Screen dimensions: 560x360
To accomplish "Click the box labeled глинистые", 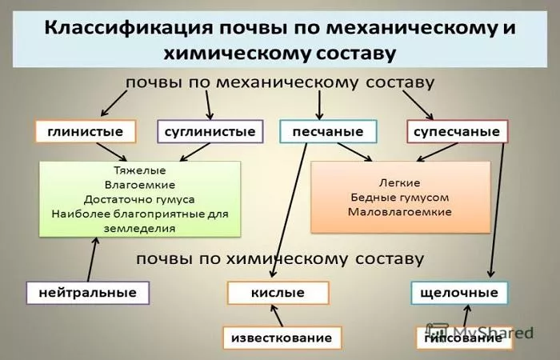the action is coord(86,131).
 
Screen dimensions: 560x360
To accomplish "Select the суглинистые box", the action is coord(210,131).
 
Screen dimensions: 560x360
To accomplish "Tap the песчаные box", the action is coord(328,131).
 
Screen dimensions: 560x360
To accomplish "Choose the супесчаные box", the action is coord(457,131).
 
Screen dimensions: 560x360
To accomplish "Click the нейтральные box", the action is coord(88,293).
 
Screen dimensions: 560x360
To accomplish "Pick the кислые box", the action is coord(278,293).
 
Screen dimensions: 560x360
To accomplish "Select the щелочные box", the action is coord(459,293).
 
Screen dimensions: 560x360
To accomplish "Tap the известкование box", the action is coord(282,338).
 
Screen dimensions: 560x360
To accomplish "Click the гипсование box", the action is coord(463,338).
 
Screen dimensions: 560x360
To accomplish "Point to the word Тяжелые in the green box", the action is coord(140,170).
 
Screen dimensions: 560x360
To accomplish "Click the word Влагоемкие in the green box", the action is coord(140,185).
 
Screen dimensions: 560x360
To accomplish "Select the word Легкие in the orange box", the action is coord(400,183).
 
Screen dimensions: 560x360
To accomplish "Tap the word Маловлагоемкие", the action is coord(400,212).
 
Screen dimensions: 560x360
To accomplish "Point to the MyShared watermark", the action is coord(480,332).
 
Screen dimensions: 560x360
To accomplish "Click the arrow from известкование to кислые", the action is coord(277,315).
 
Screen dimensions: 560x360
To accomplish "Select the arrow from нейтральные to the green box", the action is coord(92,260).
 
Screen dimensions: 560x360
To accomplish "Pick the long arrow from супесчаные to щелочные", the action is coord(497,210).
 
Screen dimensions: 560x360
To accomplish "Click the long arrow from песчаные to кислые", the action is coord(289,210).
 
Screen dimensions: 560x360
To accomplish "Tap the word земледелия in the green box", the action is coord(140,229).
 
